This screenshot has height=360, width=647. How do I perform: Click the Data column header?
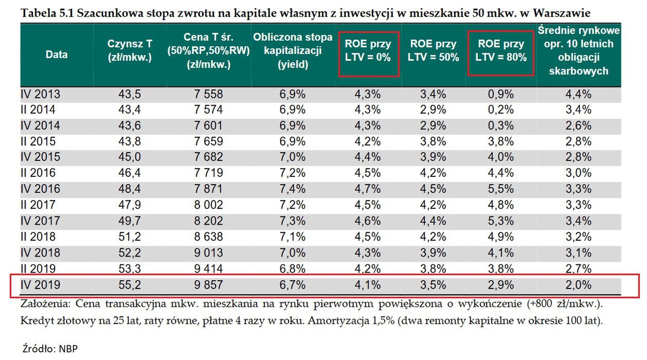(57, 55)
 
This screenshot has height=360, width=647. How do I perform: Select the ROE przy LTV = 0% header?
(368, 50)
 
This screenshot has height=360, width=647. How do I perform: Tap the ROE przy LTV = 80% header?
(501, 50)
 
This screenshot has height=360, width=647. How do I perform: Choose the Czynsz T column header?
(130, 50)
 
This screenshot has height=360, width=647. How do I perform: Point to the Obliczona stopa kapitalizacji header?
(293, 50)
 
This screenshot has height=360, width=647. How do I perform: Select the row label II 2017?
(38, 205)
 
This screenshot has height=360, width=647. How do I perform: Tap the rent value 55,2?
(130, 285)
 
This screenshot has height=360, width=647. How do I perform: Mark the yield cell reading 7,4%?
(293, 189)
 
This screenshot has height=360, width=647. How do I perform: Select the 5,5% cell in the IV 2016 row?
(501, 189)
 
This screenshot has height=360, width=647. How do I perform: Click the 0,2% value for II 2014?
(501, 110)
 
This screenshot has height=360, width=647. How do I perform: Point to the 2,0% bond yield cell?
(579, 285)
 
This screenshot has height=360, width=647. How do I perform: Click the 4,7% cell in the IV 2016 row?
(368, 189)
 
